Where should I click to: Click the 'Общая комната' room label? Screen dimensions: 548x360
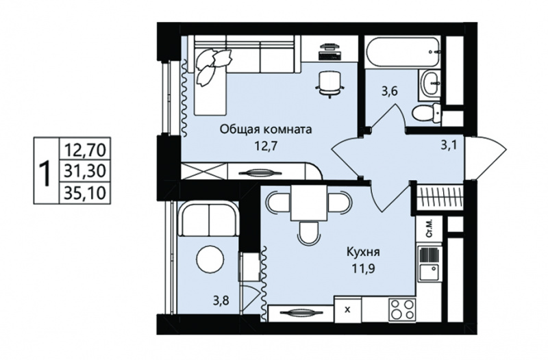(x=265, y=129)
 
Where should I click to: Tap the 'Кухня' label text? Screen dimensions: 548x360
(x=363, y=251)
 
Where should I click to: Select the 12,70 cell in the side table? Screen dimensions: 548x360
(x=85, y=151)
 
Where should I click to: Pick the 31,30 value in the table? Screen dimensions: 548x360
(x=85, y=172)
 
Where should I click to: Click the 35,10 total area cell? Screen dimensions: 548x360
(x=85, y=192)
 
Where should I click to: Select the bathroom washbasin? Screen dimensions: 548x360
(x=431, y=82)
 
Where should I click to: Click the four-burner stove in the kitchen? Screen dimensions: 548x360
(x=403, y=309)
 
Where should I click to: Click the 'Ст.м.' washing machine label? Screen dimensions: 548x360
(x=429, y=229)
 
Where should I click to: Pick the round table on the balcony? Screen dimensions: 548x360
(x=210, y=259)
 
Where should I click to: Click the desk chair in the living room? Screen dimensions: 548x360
(x=329, y=83)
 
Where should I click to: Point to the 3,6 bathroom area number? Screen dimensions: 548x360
(x=390, y=92)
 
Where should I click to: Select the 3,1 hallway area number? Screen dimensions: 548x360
(x=449, y=145)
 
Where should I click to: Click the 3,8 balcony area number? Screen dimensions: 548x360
(x=221, y=300)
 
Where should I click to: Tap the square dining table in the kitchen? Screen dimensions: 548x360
(x=310, y=203)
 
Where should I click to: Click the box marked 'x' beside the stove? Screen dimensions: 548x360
(x=348, y=309)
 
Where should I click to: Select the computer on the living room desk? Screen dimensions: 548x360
(x=329, y=51)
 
